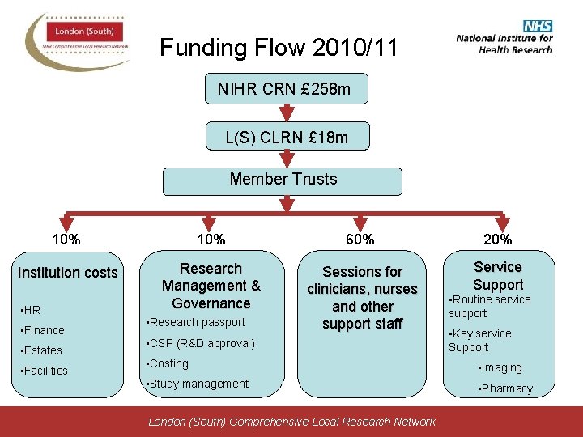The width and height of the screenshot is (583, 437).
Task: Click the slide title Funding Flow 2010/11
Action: (x=279, y=48)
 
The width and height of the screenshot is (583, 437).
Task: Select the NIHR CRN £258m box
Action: (x=284, y=89)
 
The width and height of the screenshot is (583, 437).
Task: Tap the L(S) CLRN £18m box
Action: (x=287, y=138)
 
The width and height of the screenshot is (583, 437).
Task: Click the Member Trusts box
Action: (x=283, y=180)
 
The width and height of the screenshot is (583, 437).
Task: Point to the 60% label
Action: (x=360, y=240)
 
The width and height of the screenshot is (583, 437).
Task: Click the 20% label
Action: (x=497, y=240)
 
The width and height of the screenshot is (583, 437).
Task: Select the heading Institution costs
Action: (x=68, y=273)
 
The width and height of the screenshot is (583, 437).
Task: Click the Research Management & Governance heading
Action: (x=211, y=286)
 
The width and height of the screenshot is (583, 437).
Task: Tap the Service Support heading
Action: (x=497, y=275)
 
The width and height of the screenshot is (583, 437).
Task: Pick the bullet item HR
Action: (x=32, y=310)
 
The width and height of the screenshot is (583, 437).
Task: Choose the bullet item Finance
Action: (x=44, y=330)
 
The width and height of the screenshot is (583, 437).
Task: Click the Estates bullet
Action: (x=43, y=350)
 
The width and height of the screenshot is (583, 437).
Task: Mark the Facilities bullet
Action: (x=45, y=371)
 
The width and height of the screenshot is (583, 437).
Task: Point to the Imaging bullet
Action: (x=501, y=367)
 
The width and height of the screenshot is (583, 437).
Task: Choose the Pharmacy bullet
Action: (x=507, y=388)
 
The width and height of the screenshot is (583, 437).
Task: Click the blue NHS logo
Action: (x=537, y=25)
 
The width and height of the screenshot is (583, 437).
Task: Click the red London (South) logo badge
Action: (x=84, y=32)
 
